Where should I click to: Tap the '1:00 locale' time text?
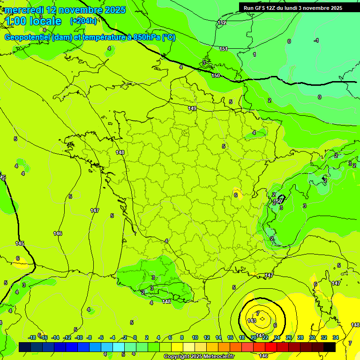[x=33, y=21]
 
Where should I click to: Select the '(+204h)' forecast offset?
[x=83, y=21]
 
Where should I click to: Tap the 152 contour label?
[x=222, y=22]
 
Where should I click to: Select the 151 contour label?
[x=224, y=49]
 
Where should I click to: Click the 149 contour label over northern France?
[x=192, y=108]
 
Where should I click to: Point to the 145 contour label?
[x=19, y=243]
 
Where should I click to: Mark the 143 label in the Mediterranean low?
[x=252, y=321]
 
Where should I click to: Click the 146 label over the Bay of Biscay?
[x=58, y=233]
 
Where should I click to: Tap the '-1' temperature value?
[x=316, y=41]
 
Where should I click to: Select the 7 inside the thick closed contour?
[x=257, y=313]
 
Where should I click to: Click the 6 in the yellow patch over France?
[x=236, y=195]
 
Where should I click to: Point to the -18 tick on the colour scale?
[x=32, y=337]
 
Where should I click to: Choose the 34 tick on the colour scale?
[x=335, y=337]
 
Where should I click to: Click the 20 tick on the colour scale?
[x=254, y=337]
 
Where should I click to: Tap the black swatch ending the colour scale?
[x=330, y=347]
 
